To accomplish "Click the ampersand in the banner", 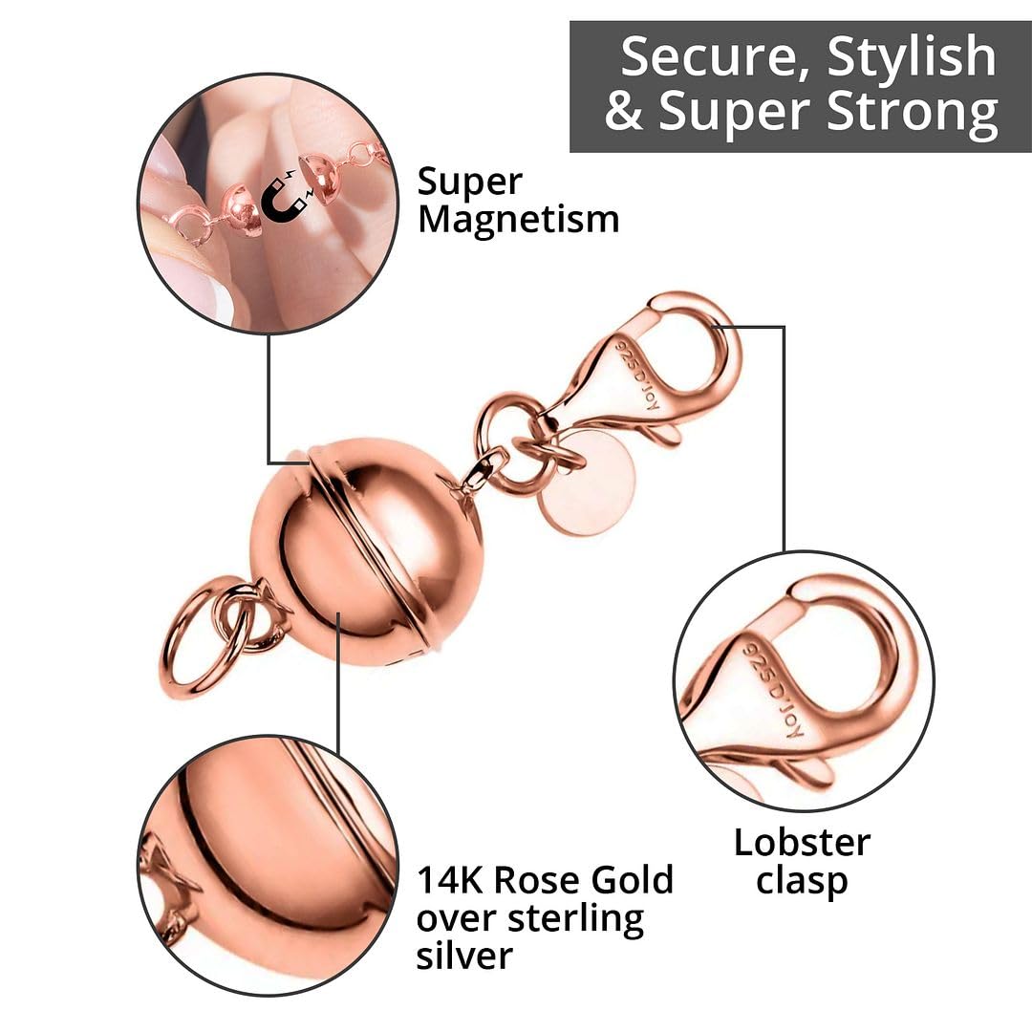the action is pos(624,112).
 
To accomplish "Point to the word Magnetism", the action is pos(519,220).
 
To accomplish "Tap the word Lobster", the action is pos(802,842).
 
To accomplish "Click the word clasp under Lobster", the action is pos(802,881).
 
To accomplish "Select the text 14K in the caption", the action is pos(455,879).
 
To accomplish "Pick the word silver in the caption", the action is pos(464,956).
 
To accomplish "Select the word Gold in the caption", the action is pos(632,879).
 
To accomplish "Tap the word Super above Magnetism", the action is pos(470,182).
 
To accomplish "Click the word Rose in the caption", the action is pos(542,879).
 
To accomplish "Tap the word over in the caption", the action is pos(458,918).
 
